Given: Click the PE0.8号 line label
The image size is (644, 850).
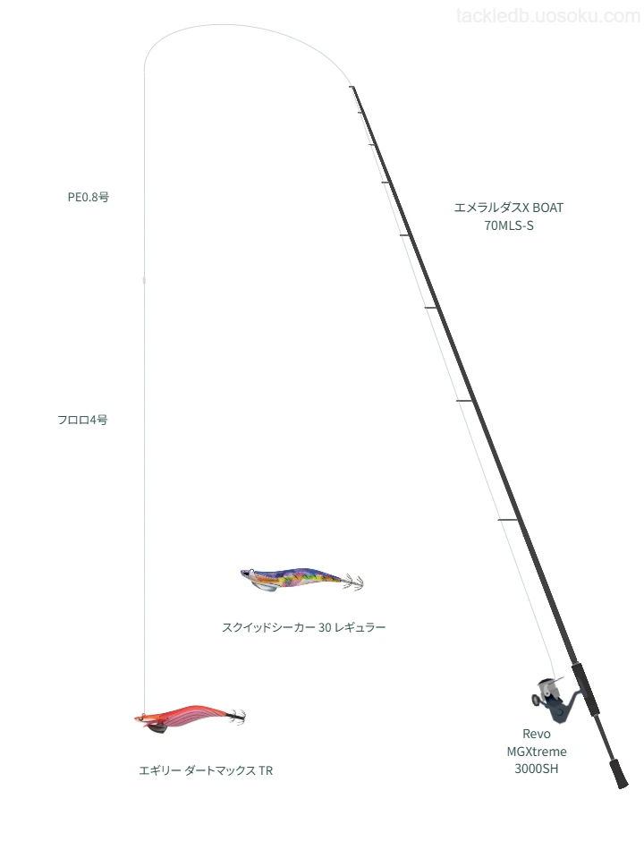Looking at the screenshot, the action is coord(89,198).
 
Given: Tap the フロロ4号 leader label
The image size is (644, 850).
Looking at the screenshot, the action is coord(82,420).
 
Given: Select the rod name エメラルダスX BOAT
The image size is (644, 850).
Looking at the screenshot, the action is coord(508,208).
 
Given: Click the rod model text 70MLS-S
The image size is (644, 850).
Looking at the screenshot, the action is coord(508,225).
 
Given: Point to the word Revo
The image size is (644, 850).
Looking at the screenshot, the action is coord(536,734).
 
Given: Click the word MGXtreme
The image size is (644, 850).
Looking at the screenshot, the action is coord(537,752).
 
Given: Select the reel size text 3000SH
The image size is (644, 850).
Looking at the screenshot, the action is coord(536,769).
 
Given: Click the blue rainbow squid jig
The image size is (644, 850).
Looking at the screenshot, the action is coord(301,580).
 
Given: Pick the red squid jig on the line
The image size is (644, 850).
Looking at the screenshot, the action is coord(190,718).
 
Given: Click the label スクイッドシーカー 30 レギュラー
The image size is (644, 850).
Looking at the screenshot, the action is coord(303,627).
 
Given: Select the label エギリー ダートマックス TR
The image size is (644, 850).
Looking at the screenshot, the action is coord(206,770).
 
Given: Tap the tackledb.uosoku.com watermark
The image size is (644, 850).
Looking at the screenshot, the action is coord(547,16).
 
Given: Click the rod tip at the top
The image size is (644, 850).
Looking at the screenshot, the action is coord(352,87).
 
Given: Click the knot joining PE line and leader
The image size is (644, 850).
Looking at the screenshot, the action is coord(144,280).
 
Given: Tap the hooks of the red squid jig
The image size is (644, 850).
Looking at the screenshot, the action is coord(236,717).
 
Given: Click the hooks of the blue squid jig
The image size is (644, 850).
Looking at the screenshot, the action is coord(354,582).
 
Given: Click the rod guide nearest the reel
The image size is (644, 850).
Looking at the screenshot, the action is coord(509,521).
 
